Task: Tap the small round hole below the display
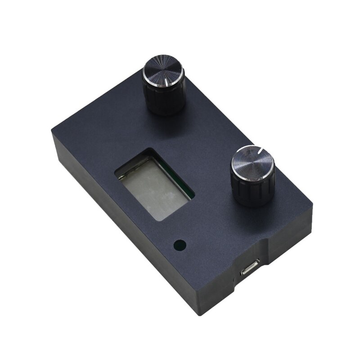(180, 246)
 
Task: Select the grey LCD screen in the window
(152, 188)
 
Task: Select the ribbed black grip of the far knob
(165, 100)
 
